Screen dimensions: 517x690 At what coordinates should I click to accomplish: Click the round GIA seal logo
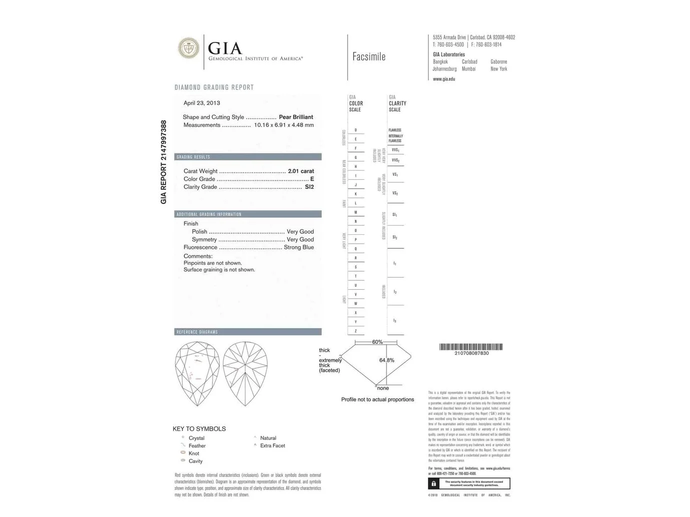[x=188, y=48]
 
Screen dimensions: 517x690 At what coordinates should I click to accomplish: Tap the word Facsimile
[x=368, y=57]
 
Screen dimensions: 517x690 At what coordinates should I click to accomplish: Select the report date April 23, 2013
[x=201, y=103]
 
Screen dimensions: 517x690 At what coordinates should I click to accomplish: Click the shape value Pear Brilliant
[x=295, y=117]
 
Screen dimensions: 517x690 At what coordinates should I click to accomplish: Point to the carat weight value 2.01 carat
[x=300, y=171]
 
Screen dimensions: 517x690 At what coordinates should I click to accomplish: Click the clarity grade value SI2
[x=309, y=187]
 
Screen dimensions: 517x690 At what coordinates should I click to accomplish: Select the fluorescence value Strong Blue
[x=298, y=247]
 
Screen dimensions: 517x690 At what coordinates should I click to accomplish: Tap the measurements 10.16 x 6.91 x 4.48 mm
[x=283, y=125]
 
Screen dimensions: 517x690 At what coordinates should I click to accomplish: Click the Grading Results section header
[x=193, y=157]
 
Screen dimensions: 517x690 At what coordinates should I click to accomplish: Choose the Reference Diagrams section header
[x=197, y=332]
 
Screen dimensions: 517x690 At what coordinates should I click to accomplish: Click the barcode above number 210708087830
[x=471, y=347]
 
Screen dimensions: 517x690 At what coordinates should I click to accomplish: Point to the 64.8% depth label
[x=386, y=360]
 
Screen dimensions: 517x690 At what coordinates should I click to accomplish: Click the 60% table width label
[x=377, y=342]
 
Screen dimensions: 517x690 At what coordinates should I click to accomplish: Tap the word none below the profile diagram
[x=383, y=388]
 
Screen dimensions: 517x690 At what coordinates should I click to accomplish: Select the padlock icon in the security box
[x=433, y=484]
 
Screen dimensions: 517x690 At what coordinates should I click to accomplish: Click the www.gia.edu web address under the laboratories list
[x=444, y=79]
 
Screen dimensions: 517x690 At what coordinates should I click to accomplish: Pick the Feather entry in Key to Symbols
[x=197, y=446]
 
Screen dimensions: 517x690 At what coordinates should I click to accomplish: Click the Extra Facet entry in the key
[x=272, y=446]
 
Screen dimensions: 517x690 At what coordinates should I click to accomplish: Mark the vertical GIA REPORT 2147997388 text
[x=163, y=162]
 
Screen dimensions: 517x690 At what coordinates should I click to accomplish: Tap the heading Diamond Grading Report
[x=214, y=87]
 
